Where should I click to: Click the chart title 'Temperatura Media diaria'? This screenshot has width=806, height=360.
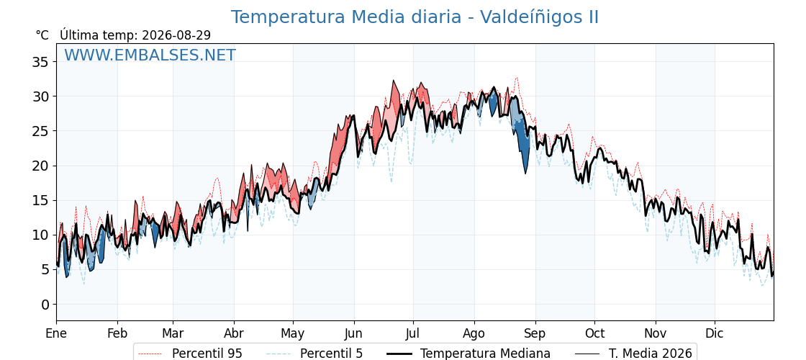coord(345,17)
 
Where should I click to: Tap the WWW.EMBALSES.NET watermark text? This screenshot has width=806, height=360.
coord(150,55)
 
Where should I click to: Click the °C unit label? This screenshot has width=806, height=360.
coord(42,35)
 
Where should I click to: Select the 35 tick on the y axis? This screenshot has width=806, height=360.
coord(40,62)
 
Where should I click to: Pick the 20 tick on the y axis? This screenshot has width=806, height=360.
coord(40,166)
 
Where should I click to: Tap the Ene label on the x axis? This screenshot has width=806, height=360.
coord(57,334)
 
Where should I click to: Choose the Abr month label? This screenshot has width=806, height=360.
coord(234,334)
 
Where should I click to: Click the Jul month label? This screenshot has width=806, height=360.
coord(413,334)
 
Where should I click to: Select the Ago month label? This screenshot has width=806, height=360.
coord(474,334)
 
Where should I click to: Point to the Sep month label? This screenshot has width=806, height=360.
coord(535,334)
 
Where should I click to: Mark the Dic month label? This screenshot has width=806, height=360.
coord(715,334)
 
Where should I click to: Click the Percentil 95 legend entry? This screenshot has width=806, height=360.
coord(190,354)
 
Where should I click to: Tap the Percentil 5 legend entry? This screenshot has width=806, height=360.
coord(314,354)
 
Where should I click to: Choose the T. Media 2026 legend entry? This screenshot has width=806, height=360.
coord(633,354)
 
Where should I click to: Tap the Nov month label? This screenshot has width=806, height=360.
coord(656,334)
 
